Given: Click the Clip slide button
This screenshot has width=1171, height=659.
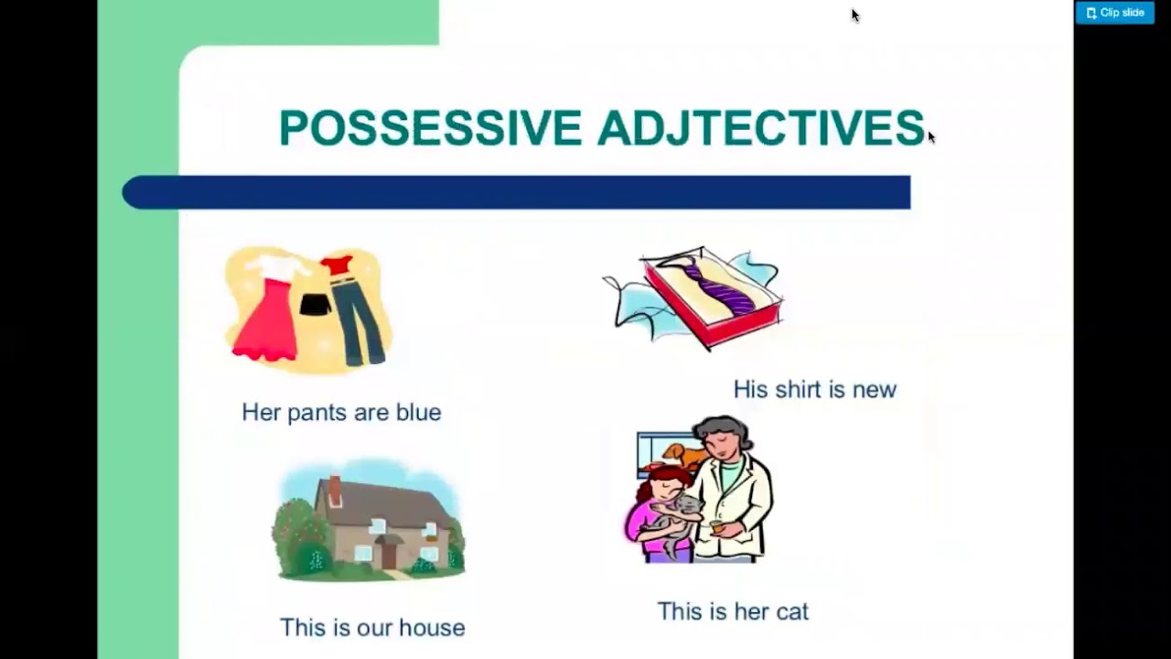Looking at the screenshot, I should click(x=1114, y=13).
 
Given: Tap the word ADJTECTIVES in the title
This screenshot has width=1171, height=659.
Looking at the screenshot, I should click(x=760, y=128).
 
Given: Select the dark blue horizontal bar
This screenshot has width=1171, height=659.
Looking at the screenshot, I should click(x=516, y=193).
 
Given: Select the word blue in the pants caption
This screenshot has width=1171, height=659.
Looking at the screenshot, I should click(x=418, y=413).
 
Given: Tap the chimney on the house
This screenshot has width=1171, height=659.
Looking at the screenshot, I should click(x=335, y=491).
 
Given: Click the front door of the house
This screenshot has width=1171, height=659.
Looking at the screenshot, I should click(x=390, y=554).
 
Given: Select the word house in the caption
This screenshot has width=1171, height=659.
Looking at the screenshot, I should click(x=432, y=628).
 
